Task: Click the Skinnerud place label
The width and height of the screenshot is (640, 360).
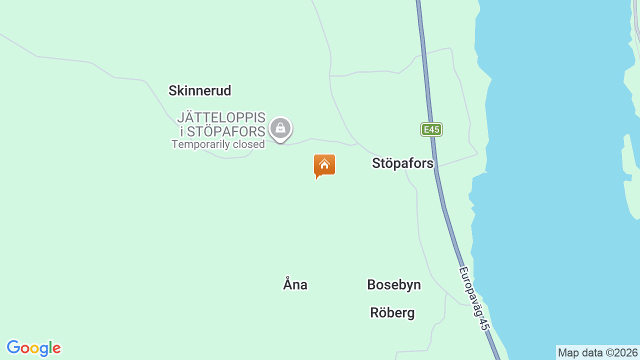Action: click(x=199, y=91)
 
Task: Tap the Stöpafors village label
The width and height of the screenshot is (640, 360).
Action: click(x=402, y=163)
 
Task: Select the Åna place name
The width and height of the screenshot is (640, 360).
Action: click(x=295, y=285)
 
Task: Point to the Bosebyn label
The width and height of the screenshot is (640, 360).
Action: click(x=394, y=285)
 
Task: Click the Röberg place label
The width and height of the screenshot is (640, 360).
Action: click(x=392, y=313)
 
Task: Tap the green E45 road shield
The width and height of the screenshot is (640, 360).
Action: click(x=431, y=130)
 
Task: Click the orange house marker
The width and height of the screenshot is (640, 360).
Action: click(x=324, y=165)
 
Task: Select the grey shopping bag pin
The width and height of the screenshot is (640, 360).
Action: click(x=280, y=128)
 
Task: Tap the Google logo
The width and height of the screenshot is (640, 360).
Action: click(x=33, y=348)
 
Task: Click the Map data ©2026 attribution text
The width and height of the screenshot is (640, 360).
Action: click(x=597, y=353)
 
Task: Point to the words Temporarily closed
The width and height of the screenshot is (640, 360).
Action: click(x=218, y=144)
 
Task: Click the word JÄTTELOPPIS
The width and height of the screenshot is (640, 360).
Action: click(x=221, y=118)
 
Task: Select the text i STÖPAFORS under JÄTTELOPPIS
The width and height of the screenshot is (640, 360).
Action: click(x=222, y=131)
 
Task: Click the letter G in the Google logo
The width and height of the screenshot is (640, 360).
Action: click(x=13, y=347)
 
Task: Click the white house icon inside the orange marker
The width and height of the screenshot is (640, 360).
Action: click(x=324, y=163)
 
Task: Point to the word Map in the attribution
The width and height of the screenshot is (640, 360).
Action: click(x=568, y=353)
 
